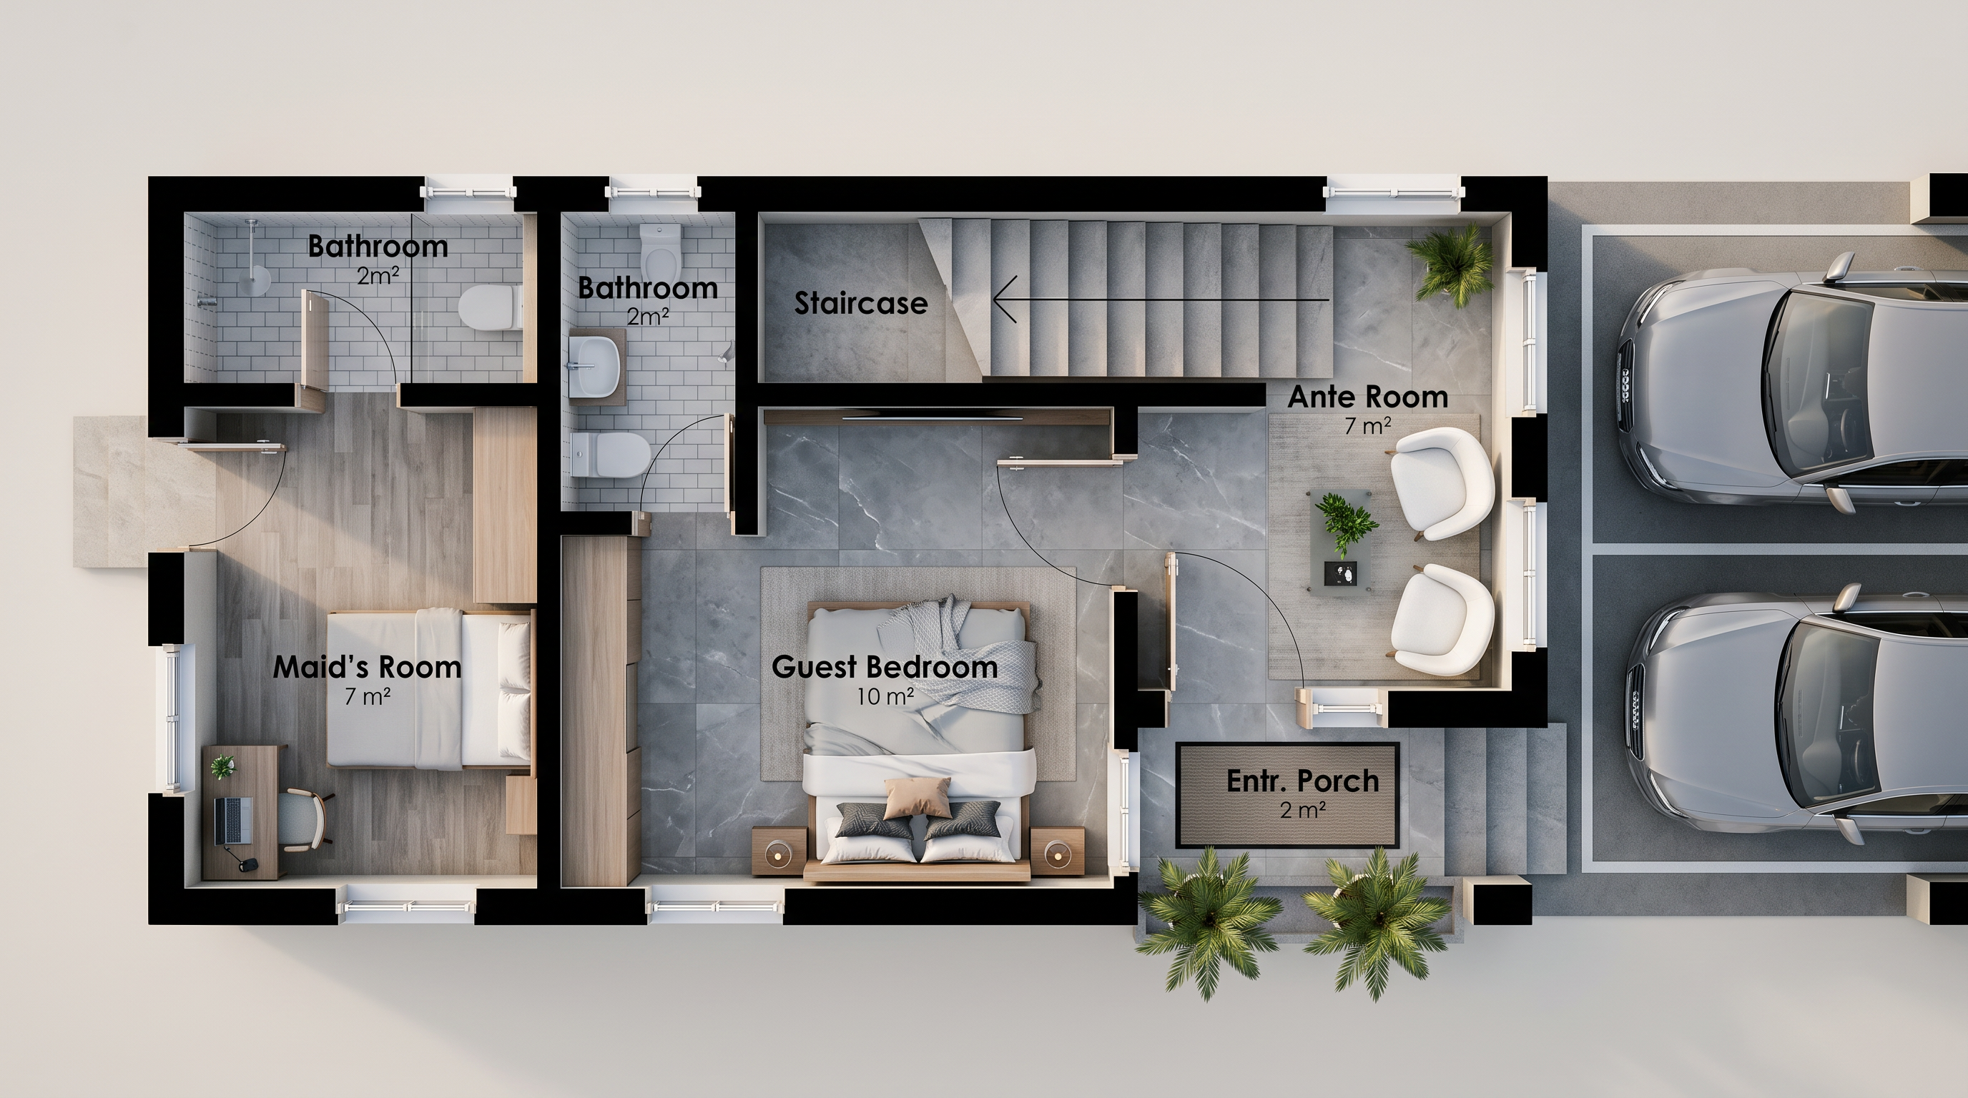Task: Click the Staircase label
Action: (861, 304)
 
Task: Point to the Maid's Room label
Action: (368, 668)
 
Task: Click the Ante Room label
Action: (1367, 397)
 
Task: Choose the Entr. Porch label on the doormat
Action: (1302, 781)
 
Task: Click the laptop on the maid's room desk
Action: (234, 821)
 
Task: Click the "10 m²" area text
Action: (885, 696)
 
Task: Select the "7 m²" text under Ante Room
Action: (1367, 426)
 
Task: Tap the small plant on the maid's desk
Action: (223, 766)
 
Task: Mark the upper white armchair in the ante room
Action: (1440, 483)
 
